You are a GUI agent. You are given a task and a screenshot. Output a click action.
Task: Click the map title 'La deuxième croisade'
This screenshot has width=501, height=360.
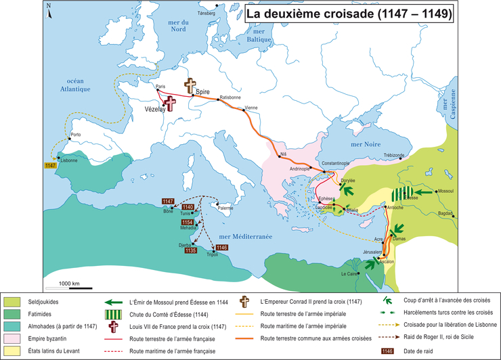tap(348, 14)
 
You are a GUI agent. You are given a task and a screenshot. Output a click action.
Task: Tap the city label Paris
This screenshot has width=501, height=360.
tap(160, 87)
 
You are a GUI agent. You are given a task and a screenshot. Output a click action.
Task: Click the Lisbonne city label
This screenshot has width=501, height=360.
tap(70, 160)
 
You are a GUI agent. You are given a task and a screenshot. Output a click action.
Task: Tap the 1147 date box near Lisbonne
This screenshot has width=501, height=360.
tap(51, 165)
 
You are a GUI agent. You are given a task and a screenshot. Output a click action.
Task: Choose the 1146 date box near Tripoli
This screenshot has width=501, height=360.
tap(221, 248)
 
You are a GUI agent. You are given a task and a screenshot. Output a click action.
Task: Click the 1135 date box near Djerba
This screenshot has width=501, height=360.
tap(192, 250)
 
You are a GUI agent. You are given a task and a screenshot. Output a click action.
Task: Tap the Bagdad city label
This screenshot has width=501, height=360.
tap(445, 212)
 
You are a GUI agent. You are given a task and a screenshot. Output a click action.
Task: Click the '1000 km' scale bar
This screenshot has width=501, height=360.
tap(70, 283)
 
